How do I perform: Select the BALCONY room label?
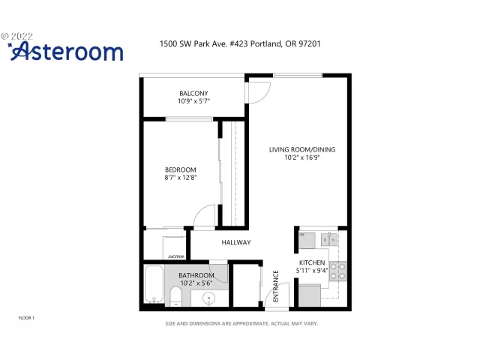[x=193, y=93]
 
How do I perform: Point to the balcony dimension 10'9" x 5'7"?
[x=193, y=101]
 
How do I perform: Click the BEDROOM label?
[x=180, y=169]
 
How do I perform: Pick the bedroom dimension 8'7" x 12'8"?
[x=180, y=178]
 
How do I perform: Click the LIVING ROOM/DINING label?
[x=302, y=149]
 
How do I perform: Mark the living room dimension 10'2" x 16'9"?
[x=302, y=157]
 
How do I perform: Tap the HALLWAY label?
[x=235, y=242]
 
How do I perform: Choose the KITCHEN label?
[x=311, y=262]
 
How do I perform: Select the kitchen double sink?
[x=328, y=239]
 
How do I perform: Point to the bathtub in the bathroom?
[x=155, y=285]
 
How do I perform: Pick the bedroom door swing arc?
[x=204, y=217]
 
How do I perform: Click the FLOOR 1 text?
[x=26, y=318]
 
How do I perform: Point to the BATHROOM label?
[x=196, y=275]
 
